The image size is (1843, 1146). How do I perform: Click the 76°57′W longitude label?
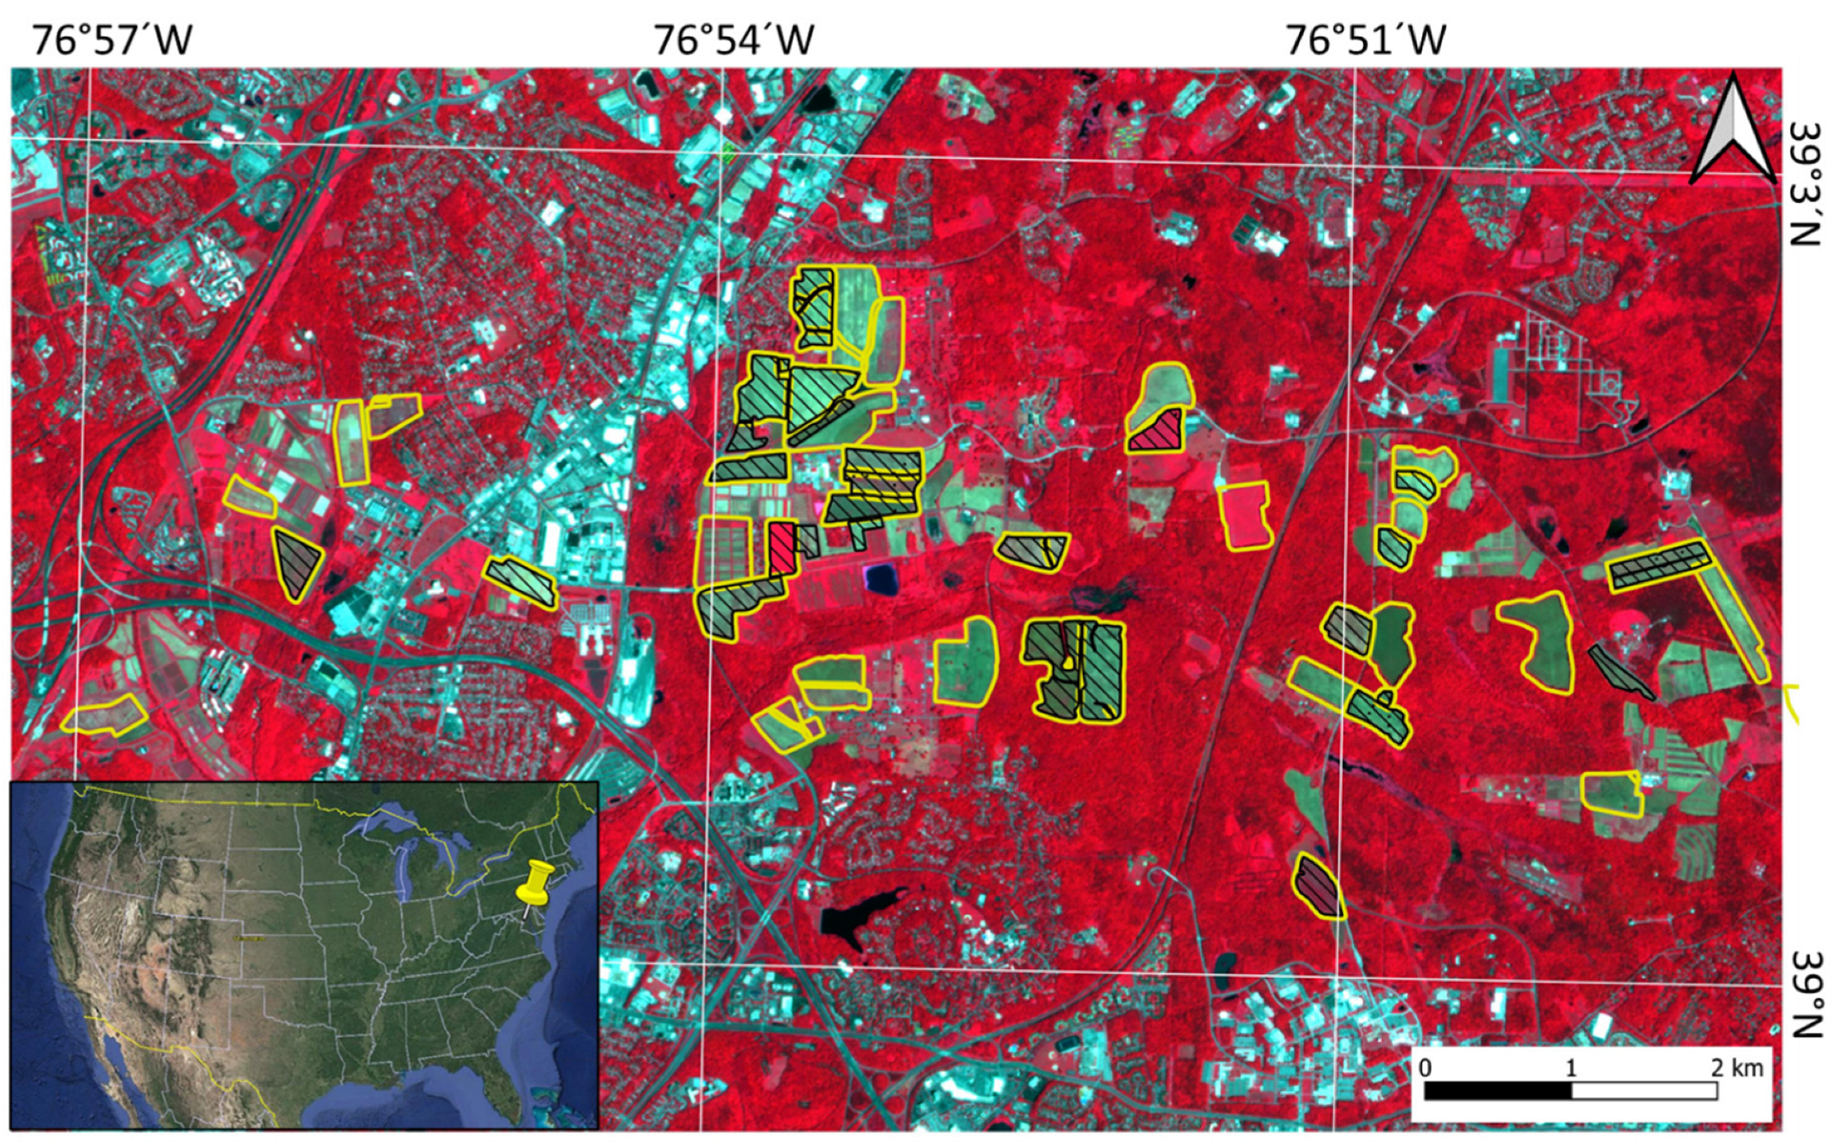click(x=111, y=39)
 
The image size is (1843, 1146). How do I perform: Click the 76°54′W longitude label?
click(x=733, y=39)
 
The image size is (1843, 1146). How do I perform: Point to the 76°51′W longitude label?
click(x=1365, y=39)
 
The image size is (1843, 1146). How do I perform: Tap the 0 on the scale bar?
click(x=1426, y=1067)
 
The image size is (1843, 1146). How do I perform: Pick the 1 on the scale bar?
click(x=1570, y=1067)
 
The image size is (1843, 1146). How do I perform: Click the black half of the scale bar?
click(x=1497, y=1091)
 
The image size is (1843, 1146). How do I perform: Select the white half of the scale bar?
click(x=1644, y=1091)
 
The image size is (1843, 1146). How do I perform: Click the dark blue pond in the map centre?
click(x=881, y=578)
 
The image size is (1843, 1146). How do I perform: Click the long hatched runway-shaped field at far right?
click(x=1660, y=565)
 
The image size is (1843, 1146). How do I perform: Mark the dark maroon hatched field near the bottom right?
click(x=1317, y=885)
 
